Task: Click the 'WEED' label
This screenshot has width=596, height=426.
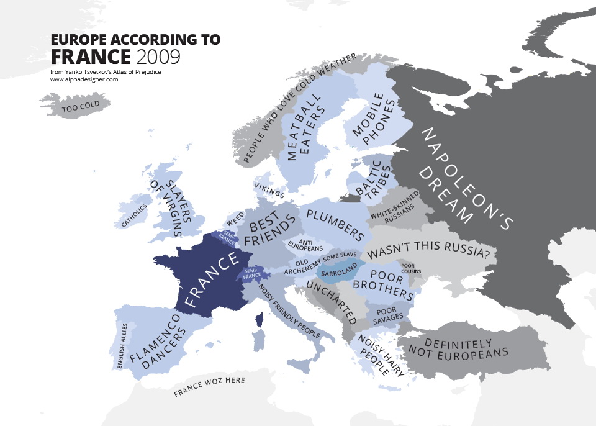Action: pyautogui.click(x=235, y=219)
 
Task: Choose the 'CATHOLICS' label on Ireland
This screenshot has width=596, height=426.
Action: pyautogui.click(x=134, y=215)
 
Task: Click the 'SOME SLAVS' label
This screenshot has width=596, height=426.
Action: pyautogui.click(x=338, y=256)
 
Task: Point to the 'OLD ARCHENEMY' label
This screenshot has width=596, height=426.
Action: pyautogui.click(x=302, y=266)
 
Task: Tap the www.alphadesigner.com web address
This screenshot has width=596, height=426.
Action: pyautogui.click(x=84, y=79)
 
